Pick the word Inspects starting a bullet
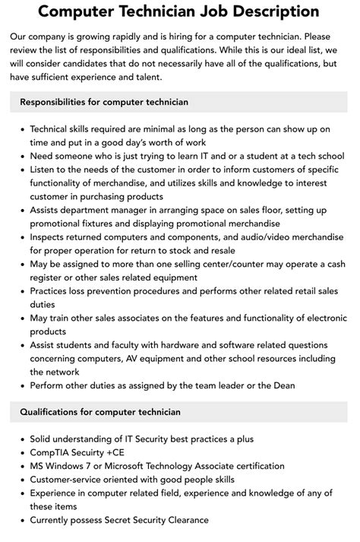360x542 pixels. tap(51, 237)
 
